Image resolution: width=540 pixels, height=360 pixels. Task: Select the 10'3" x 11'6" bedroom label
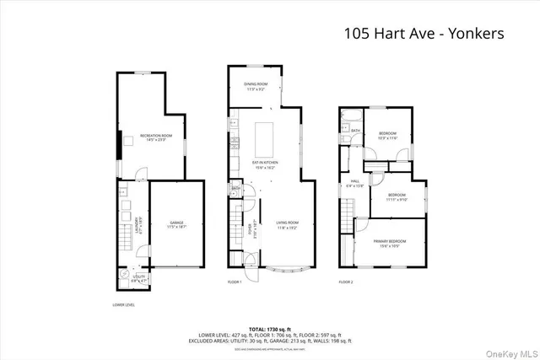pos(387,137)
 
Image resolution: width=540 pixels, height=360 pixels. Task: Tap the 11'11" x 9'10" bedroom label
pos(397,198)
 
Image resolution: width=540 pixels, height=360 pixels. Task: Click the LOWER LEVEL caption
pos(124,304)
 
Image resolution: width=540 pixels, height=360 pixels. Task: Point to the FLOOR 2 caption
pos(346,282)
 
